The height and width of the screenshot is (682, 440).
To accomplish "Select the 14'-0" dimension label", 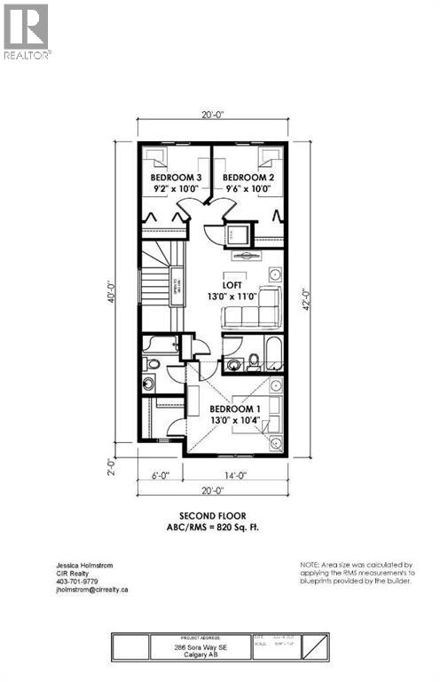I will click(x=236, y=475).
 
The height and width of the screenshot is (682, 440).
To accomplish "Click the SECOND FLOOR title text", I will click(x=213, y=515).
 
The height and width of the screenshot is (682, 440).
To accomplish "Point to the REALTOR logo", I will click(x=27, y=31).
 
